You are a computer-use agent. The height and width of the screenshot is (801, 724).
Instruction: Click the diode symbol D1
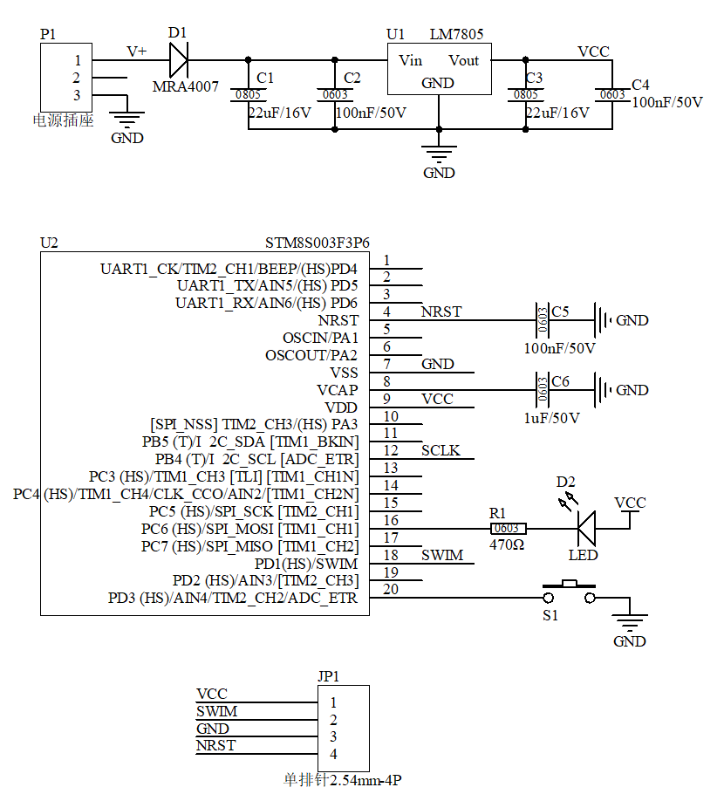click(178, 60)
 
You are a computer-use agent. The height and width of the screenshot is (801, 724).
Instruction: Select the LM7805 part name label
click(456, 34)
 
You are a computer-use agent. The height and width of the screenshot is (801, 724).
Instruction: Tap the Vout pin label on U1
click(464, 60)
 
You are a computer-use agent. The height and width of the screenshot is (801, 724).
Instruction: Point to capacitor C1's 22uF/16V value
click(279, 113)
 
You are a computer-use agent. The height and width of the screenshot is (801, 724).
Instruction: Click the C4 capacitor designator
click(640, 85)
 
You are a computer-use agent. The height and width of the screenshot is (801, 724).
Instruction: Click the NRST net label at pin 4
click(441, 311)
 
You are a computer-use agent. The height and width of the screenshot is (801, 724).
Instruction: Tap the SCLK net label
click(441, 451)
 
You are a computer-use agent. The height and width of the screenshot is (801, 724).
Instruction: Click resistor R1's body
click(507, 529)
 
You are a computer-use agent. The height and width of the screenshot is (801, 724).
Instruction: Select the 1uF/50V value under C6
click(551, 418)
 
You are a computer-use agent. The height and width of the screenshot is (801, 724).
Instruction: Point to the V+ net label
click(137, 51)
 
